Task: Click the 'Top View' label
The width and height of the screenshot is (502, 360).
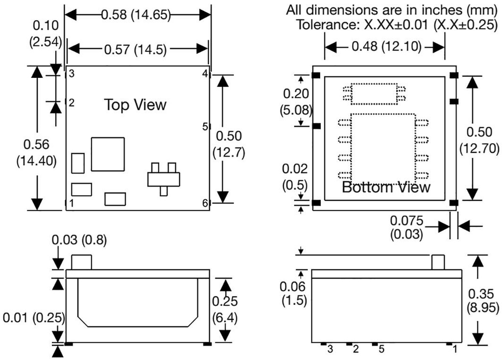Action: pos(135,104)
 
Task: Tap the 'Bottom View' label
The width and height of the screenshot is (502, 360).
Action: pos(386,187)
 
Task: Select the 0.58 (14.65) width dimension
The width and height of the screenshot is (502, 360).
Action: pos(136,15)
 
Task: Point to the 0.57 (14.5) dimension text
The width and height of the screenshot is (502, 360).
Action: pos(135,48)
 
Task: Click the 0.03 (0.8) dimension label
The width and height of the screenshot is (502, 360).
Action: pos(79,240)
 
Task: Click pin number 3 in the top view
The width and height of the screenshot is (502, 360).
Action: pos(72,74)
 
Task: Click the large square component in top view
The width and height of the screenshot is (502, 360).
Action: pos(107,154)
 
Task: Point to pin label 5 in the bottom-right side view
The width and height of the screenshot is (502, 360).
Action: pos(381,349)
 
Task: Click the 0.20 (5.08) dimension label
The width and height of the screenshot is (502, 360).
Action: pos(296,101)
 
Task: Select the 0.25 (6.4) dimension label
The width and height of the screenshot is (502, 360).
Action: pos(225,310)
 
